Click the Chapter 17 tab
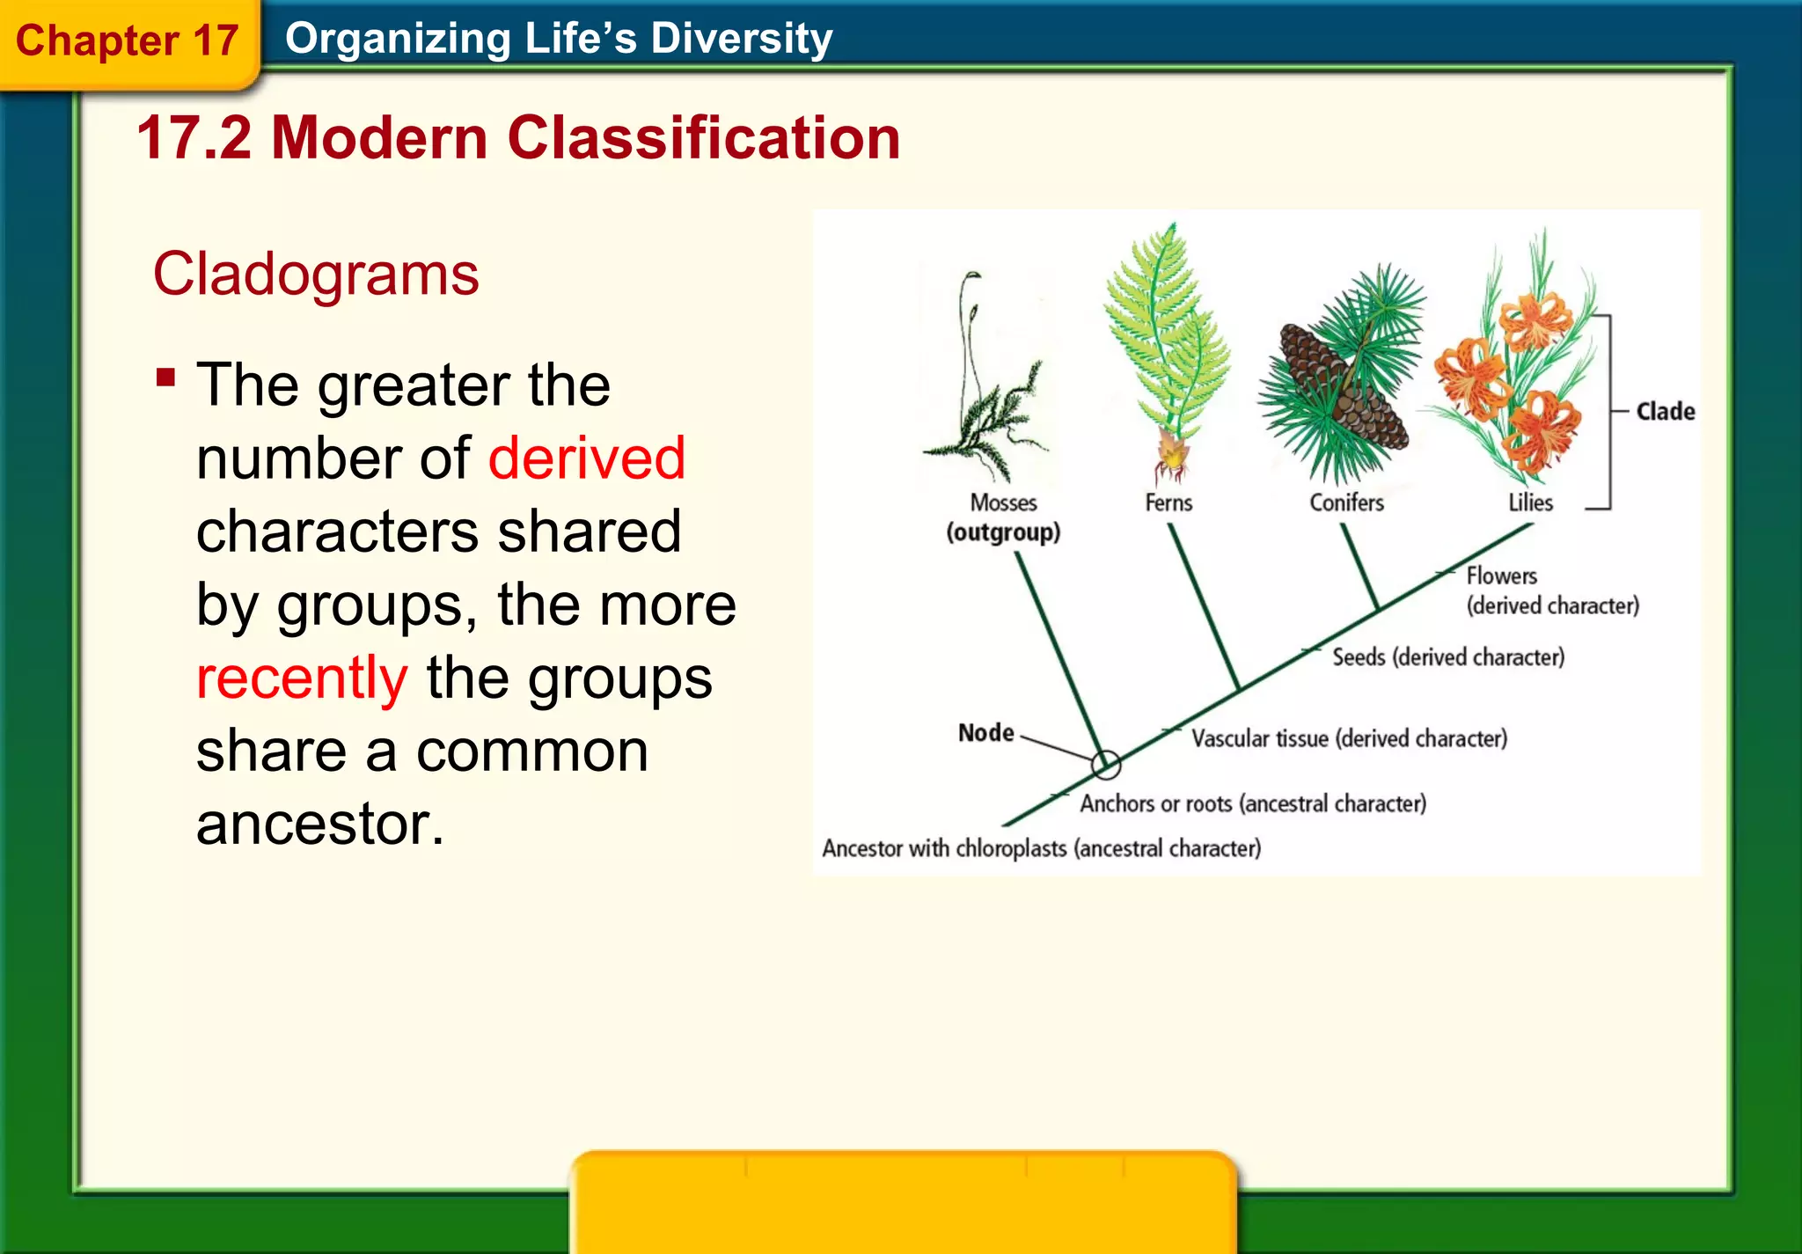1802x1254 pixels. point(128,41)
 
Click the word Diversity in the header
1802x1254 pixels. point(741,39)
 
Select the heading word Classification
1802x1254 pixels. point(704,138)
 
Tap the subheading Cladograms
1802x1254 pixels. point(316,275)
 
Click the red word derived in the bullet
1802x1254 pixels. point(586,458)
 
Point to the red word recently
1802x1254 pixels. point(302,678)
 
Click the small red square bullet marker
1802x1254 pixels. point(165,378)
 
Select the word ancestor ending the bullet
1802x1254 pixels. point(320,825)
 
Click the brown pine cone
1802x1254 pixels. point(1342,387)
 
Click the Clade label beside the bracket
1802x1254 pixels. point(1665,411)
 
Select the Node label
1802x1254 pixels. point(985,732)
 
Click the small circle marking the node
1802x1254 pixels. point(1106,765)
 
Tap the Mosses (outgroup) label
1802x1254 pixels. point(1003,517)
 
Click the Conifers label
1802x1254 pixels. point(1346,502)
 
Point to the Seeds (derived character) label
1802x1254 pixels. point(1447,657)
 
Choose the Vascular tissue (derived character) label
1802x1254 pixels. point(1348,738)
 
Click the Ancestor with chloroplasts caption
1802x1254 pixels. point(1041,848)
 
